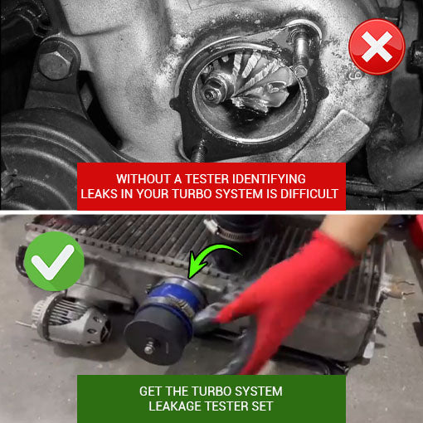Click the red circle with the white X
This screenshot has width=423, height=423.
coord(377,48)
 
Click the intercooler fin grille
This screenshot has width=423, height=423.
coord(133,241)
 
